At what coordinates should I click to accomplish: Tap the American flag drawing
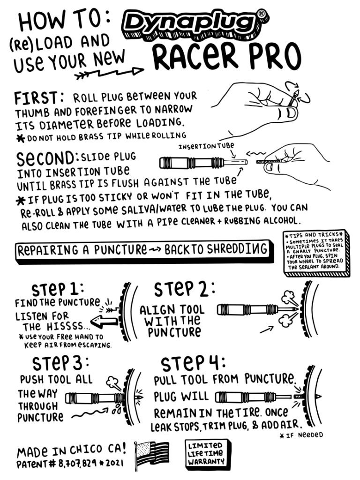tap(152, 454)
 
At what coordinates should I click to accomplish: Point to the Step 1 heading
tap(57, 287)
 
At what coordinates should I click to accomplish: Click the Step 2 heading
tap(185, 289)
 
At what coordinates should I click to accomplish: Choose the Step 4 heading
tap(193, 363)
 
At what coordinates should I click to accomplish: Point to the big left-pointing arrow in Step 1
tap(105, 322)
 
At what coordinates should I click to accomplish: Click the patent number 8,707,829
tap(81, 465)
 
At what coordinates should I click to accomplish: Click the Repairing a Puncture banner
tap(143, 250)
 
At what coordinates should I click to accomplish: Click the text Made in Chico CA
tap(71, 451)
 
